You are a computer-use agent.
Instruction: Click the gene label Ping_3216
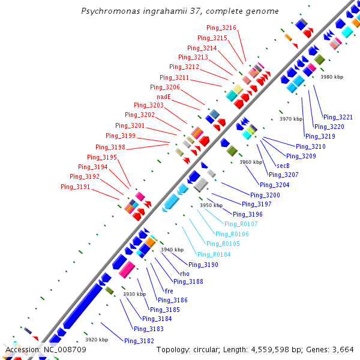(x=221, y=28)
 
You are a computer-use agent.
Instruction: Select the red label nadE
(x=164, y=97)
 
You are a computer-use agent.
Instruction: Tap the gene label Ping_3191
(x=75, y=187)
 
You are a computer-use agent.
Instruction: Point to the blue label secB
(x=283, y=166)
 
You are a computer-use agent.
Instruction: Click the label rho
(x=185, y=274)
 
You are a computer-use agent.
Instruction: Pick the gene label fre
(x=169, y=291)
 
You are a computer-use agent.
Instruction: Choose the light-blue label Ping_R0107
(x=241, y=224)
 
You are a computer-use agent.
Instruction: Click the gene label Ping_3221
(x=338, y=117)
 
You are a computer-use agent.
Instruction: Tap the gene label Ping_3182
(x=139, y=341)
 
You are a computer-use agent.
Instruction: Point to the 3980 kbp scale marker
(x=332, y=77)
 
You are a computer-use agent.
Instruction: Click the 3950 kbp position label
(x=211, y=205)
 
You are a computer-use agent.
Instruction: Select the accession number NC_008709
(x=65, y=349)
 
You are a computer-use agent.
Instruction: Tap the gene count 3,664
(x=341, y=349)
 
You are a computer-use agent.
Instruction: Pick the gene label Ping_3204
(x=274, y=185)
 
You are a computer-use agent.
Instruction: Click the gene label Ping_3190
(x=203, y=265)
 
